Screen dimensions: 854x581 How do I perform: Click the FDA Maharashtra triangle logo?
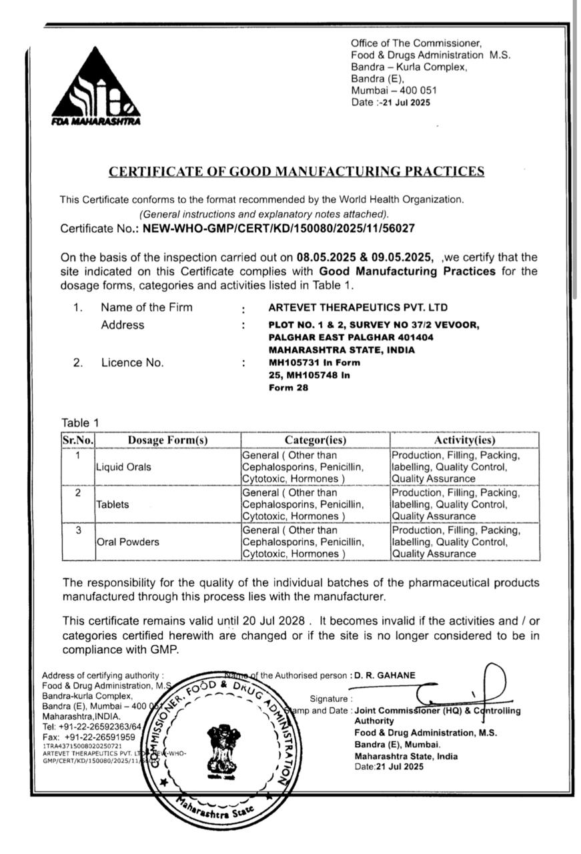pos(95,87)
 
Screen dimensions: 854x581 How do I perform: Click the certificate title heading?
pos(296,171)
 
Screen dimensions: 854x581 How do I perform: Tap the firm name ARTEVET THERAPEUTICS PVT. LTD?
pos(358,308)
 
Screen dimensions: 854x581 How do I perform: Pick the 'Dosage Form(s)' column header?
pos(167,440)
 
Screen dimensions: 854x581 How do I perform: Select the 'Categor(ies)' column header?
pos(315,440)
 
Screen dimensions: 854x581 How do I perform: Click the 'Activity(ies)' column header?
pos(465,440)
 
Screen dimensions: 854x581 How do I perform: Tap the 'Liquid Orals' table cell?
pos(123,467)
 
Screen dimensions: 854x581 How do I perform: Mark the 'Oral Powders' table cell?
pos(127,542)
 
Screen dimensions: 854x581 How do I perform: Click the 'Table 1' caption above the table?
pos(80,422)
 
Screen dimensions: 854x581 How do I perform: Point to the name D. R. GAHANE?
pos(385,675)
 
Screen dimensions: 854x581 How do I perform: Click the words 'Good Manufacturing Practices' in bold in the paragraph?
pos(407,272)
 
